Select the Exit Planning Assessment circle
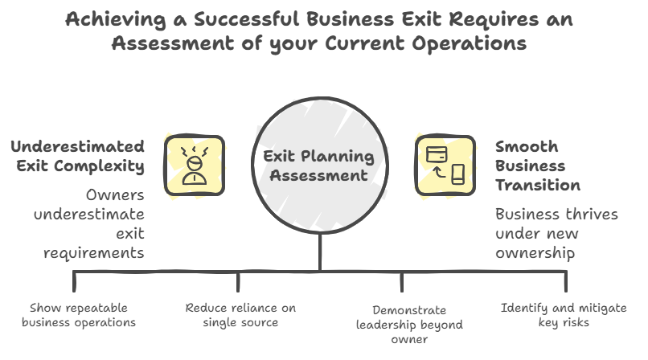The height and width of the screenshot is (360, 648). (x=319, y=164)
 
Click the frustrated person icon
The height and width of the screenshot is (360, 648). (x=194, y=166)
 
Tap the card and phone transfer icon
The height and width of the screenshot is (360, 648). (x=445, y=166)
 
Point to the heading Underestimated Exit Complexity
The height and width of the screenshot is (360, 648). (x=77, y=157)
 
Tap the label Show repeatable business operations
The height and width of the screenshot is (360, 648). (x=78, y=315)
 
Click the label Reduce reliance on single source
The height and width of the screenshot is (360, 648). (x=240, y=315)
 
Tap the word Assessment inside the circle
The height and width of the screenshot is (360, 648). (x=319, y=174)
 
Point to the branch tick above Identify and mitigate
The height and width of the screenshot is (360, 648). (x=566, y=280)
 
